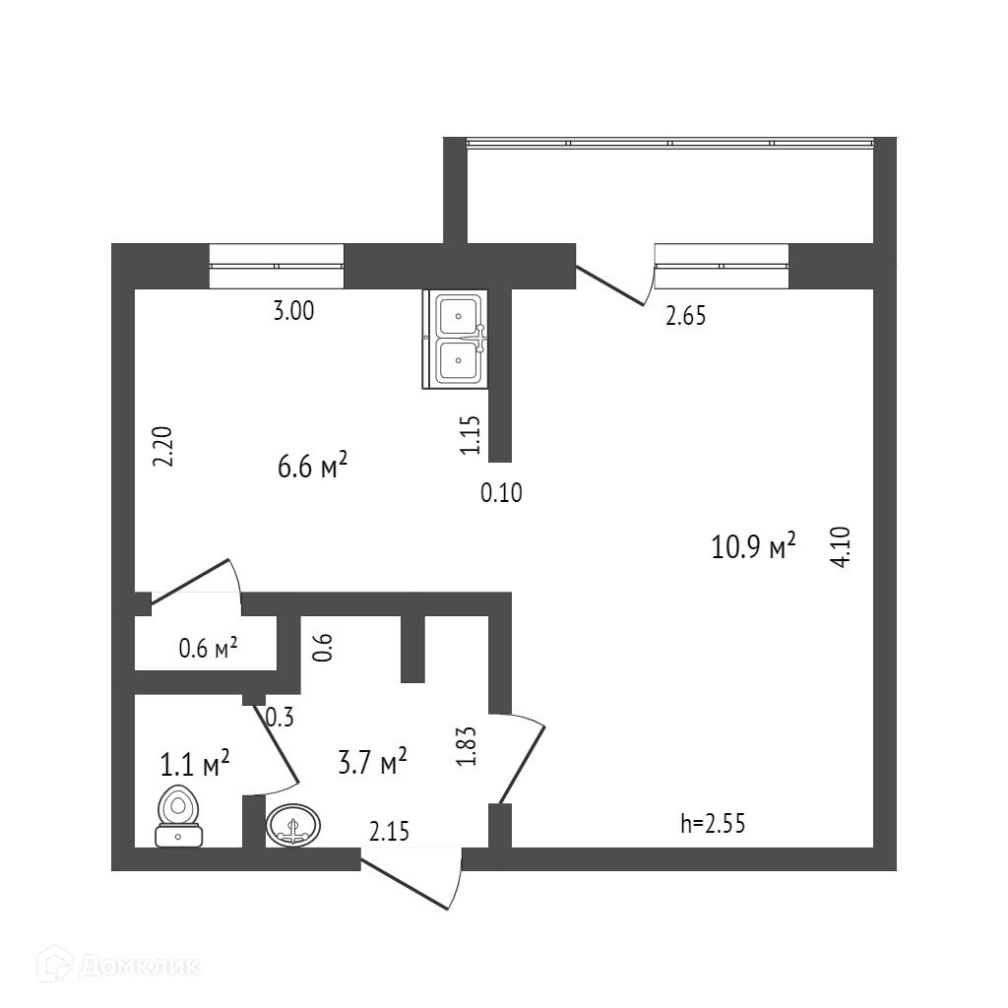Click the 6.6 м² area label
point(314,467)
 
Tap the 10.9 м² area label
point(753,545)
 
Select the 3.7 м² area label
point(372,762)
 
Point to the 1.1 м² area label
point(195,763)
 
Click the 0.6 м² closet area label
point(209,649)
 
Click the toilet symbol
point(179,817)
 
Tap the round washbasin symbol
point(292,825)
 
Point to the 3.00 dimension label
point(292,312)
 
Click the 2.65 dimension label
point(686,317)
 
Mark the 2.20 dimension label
point(164,446)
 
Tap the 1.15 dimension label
point(471,435)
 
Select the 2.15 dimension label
point(389,833)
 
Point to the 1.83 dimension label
point(468,746)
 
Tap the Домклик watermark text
point(138,965)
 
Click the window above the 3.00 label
point(277,266)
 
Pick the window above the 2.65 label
point(722,266)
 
